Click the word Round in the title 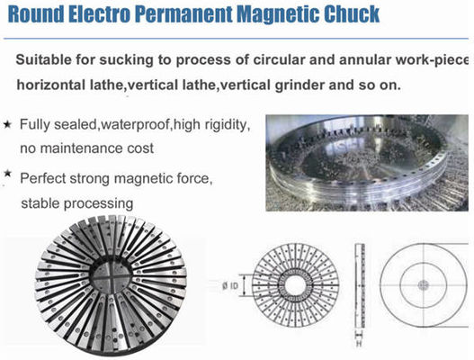coord(36,13)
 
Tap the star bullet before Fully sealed coord(7,124)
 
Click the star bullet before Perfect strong coord(7,174)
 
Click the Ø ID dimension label coord(230,285)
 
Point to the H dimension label coord(359,345)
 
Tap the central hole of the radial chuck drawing coord(295,285)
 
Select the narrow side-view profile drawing coord(360,285)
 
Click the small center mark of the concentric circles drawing coord(424,285)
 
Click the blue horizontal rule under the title coord(236,39)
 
